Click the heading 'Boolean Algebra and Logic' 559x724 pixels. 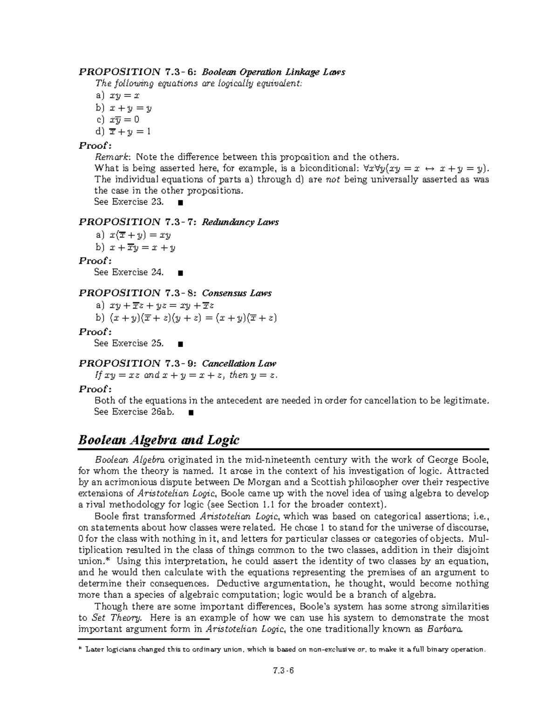(158, 440)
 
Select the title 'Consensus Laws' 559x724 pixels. (236, 293)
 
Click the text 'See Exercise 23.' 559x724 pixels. (129, 202)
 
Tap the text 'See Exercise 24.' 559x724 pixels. (129, 272)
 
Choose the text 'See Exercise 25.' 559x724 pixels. (129, 343)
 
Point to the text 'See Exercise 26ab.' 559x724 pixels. (134, 412)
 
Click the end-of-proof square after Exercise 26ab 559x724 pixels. (191, 413)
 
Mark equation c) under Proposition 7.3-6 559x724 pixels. (123, 119)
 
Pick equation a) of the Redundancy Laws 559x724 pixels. (140, 235)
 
